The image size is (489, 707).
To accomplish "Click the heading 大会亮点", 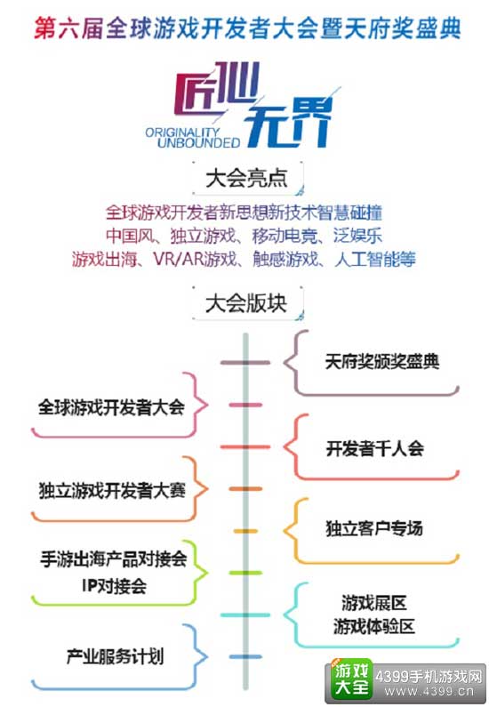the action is (x=246, y=178).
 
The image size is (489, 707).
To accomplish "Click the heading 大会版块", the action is (x=246, y=303).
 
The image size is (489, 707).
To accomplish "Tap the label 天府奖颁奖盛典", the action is (x=382, y=362).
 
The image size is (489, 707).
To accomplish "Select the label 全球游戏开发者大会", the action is (x=111, y=407).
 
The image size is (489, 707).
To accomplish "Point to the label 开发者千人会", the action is (x=375, y=448).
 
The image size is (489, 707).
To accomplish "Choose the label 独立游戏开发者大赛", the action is (x=112, y=491).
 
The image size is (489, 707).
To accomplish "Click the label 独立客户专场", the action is (x=374, y=528).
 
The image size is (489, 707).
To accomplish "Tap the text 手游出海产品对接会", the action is (x=114, y=559).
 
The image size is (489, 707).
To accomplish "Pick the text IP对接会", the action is (x=115, y=586).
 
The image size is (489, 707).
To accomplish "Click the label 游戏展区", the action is (x=374, y=602).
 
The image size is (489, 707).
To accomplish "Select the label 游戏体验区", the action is (x=374, y=626).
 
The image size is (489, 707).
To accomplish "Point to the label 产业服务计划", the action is (x=115, y=656).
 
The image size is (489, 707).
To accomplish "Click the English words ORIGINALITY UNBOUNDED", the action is (x=192, y=138).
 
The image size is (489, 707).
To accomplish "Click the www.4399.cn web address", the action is (x=429, y=692).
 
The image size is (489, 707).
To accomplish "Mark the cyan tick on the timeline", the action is (x=245, y=615).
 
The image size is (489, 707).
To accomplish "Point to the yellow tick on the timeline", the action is (x=245, y=531).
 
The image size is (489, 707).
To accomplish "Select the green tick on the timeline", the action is (x=245, y=573).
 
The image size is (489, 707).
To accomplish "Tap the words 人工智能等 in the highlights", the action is (x=375, y=260).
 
